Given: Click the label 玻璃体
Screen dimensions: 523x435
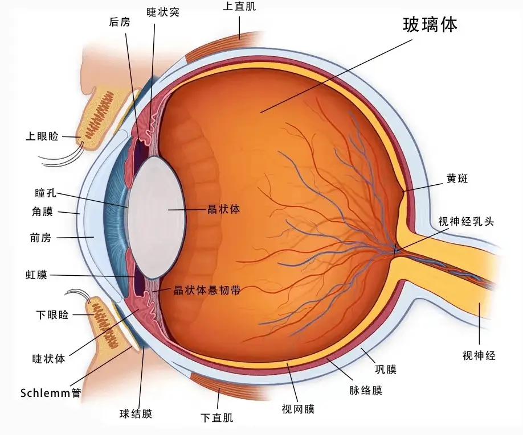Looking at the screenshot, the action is click(430, 24).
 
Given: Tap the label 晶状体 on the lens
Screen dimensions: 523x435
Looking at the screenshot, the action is click(223, 209).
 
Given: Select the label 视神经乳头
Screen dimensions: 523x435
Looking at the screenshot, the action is click(466, 221).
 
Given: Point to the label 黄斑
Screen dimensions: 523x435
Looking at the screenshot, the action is click(457, 179).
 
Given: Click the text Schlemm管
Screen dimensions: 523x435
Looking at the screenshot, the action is click(51, 393).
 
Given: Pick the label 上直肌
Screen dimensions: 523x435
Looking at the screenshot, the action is click(239, 6).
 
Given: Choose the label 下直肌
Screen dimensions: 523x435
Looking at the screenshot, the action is click(217, 418).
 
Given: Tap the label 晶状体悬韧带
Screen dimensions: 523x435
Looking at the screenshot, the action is click(207, 290).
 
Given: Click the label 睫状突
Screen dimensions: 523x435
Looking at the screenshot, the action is click(163, 12).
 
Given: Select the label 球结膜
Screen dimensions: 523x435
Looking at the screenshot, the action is click(136, 414).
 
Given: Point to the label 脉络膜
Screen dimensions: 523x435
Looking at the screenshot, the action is click(366, 390).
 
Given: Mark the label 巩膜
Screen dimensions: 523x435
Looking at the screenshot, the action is click(386, 369).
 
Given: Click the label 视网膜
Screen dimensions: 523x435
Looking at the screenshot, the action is click(298, 409).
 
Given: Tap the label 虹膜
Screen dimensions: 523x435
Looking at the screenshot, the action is click(36, 275).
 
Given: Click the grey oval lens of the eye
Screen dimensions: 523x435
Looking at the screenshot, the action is click(156, 218).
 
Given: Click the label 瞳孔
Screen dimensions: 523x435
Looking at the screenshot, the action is click(46, 193).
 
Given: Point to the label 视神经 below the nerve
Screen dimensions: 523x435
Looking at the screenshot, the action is click(479, 355).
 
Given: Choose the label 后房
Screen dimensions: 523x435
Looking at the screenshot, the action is click(120, 22).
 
